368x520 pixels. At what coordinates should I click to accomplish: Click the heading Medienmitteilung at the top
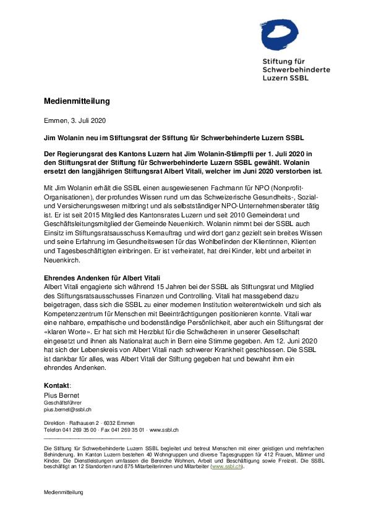tap(77, 101)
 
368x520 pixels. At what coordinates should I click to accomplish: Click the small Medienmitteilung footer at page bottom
tap(63, 492)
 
